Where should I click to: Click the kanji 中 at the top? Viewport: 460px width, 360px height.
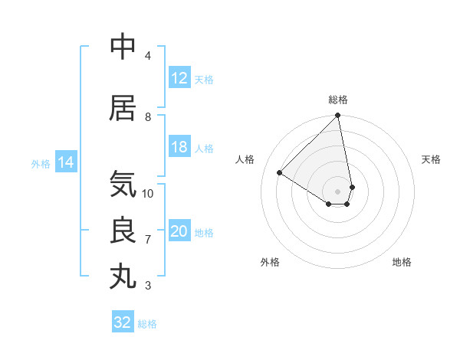pos(123,47)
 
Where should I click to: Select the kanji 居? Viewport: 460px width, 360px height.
pos(123,108)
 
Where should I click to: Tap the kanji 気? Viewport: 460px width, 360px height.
pos(123,185)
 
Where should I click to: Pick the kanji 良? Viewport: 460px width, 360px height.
pos(123,231)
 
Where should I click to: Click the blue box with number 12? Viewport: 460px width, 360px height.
pos(179,79)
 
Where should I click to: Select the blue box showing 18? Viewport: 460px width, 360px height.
pos(179,148)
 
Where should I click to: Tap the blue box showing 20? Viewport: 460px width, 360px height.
pos(179,232)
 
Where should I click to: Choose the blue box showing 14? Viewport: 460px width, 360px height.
pos(65,162)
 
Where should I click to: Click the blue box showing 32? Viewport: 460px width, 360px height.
pos(123,322)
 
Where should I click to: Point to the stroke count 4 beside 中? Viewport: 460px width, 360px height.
pos(148,56)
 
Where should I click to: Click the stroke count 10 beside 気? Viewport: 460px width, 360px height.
pos(148,193)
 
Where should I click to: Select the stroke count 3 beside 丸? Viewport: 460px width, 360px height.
pos(148,286)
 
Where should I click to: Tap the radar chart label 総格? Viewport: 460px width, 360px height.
pos(338,100)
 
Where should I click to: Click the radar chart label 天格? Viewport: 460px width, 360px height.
pos(431,159)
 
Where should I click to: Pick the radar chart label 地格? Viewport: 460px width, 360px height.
pos(402,262)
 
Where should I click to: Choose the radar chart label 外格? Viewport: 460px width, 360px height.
pos(270,262)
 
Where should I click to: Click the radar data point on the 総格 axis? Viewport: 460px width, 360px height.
pos(338,116)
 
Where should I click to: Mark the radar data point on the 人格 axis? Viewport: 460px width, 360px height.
pos(280,173)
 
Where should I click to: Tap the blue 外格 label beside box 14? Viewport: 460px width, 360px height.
pos(40,163)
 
